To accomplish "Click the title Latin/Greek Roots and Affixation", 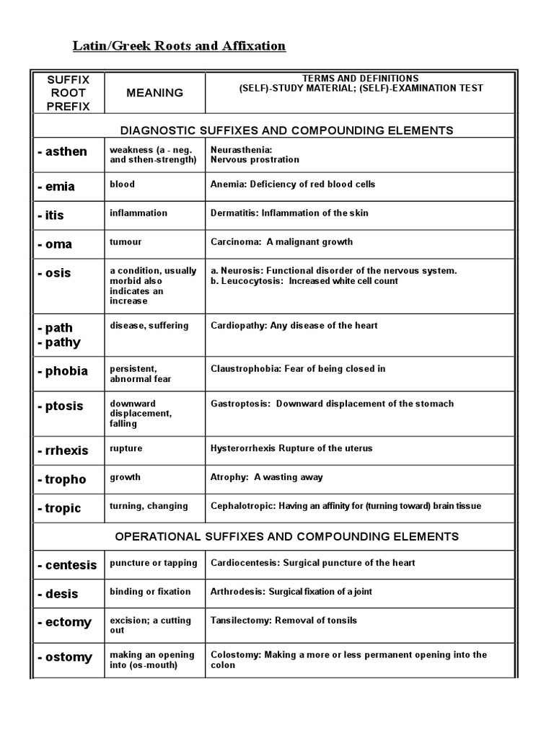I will coord(179,46).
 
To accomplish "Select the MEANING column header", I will coord(154,93).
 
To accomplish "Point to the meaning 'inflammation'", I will coord(138,213).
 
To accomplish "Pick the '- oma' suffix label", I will coord(55,244).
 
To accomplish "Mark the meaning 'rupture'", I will coord(126,448).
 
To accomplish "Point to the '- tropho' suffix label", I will coord(61,479).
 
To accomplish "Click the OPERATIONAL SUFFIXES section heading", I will coord(287,537).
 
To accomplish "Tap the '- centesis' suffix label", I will coord(66,565).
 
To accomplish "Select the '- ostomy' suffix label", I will coord(65,657).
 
